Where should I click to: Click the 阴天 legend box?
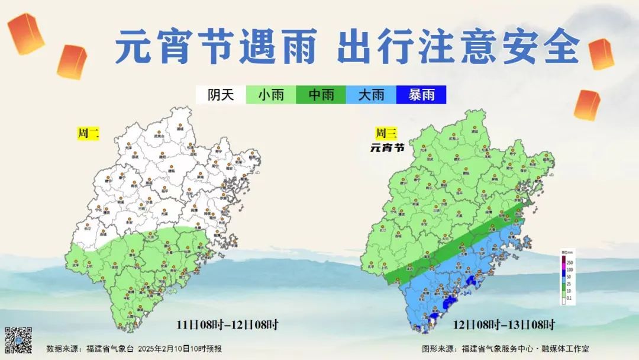coord(221,95)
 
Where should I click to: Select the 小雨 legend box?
coord(270,95)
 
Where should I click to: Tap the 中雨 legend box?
coord(321,95)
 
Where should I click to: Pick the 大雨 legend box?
coord(371,95)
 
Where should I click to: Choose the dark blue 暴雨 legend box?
coord(421,95)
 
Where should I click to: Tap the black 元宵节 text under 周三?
coord(387,147)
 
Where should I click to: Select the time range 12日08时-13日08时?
coord(504,324)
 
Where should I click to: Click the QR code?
coord(18,340)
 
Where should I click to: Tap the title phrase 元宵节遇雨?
coord(216,47)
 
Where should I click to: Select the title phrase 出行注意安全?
coord(459,47)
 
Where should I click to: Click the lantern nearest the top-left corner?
coord(26,34)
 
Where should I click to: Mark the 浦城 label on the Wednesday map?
coord(474,130)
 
